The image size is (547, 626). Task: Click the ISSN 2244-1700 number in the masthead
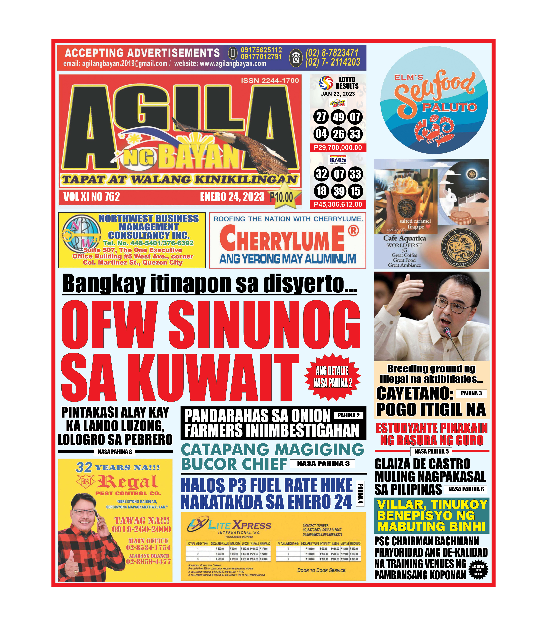coord(270,80)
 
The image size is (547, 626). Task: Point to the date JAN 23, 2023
coord(338,94)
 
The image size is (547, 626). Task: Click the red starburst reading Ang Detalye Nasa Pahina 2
coord(332,377)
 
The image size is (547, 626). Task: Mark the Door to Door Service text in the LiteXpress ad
coord(322,570)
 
